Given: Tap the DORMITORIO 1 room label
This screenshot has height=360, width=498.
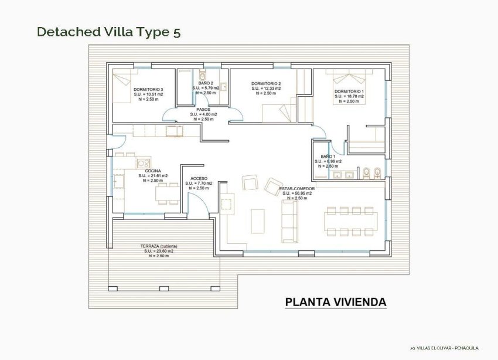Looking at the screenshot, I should coord(349,92).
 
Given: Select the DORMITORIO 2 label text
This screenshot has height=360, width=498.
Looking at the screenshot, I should coord(266,84).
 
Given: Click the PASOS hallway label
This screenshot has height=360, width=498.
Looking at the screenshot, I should coord(203,109).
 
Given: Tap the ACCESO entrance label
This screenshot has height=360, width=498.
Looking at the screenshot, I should coord(198,178).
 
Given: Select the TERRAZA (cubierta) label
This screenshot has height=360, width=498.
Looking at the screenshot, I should coord(159,246).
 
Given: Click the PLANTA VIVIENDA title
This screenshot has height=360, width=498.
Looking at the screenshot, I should coord(336,303).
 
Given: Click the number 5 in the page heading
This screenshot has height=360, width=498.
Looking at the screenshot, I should coord(176,32).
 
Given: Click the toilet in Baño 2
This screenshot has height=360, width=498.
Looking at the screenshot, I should coord(202,76).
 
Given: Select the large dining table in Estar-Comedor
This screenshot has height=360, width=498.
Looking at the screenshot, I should coord(351,220).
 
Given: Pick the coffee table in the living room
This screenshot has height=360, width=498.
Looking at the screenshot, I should coord(257,219).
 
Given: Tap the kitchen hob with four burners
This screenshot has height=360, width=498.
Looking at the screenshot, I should coord(144,163).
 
